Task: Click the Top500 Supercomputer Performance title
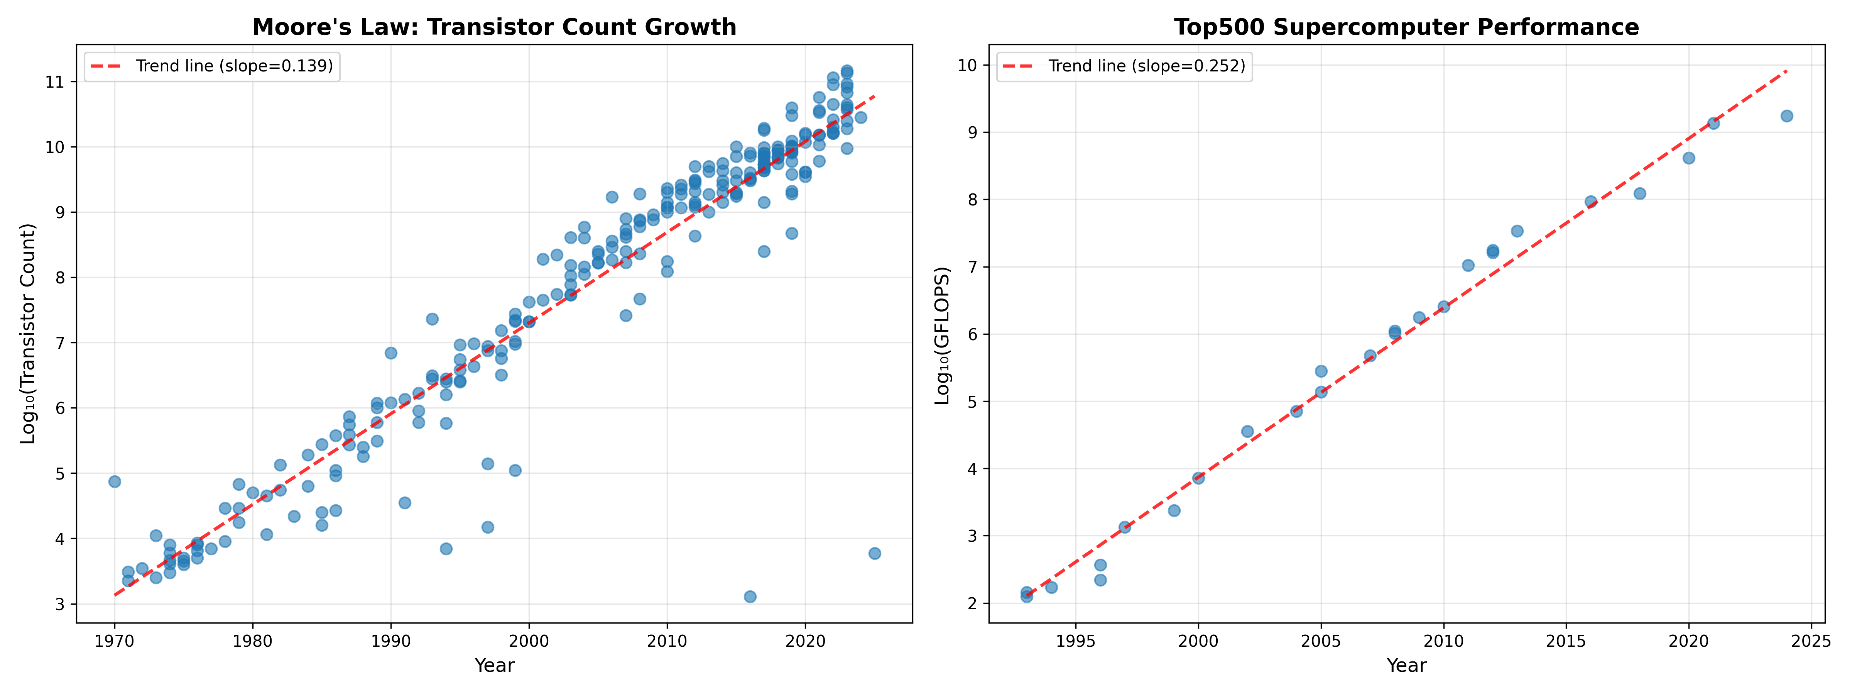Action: pos(1406,27)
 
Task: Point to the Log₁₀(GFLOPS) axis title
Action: pos(942,335)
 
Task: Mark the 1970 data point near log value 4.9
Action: pos(114,481)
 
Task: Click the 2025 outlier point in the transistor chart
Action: pos(874,553)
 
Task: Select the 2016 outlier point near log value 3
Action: pos(750,597)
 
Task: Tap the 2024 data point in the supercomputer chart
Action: pos(1786,116)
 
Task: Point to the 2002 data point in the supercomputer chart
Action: pos(1247,432)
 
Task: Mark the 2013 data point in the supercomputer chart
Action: pos(1517,231)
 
